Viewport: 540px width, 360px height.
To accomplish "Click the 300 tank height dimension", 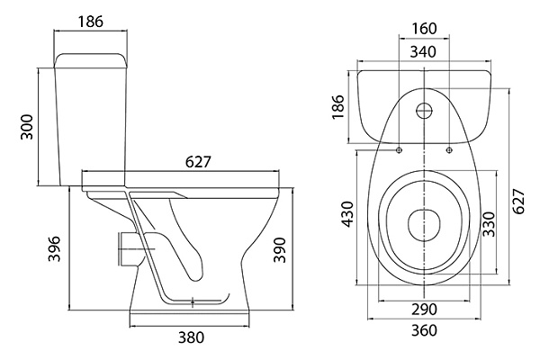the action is (27, 127).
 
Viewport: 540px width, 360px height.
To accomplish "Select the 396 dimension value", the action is (54, 248).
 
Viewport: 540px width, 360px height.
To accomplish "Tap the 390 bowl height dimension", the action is (280, 250).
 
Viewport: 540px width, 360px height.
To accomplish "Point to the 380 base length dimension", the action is (191, 337).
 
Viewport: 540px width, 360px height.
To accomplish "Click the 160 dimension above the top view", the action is (424, 29).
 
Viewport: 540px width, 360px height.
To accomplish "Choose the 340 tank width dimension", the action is (423, 52).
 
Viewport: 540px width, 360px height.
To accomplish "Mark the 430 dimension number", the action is (348, 214).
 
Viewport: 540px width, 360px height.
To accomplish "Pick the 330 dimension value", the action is (489, 224).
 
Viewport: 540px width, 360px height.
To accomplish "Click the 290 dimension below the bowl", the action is (424, 310).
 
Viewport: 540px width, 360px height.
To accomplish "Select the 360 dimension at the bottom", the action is (424, 330).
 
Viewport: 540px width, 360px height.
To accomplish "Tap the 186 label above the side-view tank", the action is (91, 22).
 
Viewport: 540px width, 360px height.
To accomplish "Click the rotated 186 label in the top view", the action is (338, 106).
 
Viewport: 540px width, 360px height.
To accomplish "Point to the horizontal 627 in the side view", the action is (198, 162).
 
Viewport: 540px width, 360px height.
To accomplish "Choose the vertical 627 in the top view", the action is (518, 202).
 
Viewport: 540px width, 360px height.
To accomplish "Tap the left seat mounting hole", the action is (399, 150).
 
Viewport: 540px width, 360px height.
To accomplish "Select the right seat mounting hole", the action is (449, 150).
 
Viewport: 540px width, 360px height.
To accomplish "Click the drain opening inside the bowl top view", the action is (424, 226).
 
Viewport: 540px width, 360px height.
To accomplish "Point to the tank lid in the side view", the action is (91, 60).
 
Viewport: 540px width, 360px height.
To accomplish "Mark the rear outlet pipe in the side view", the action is (130, 249).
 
